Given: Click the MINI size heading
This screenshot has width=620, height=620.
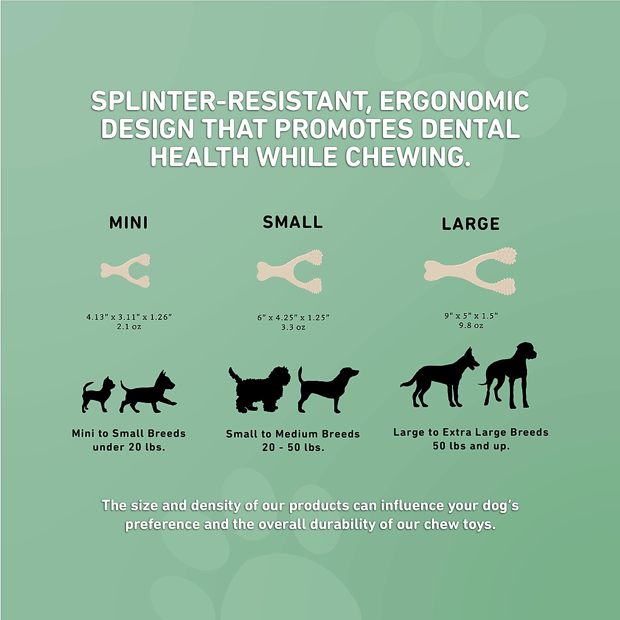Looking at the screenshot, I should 129,223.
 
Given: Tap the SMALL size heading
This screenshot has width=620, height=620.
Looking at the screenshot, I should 292,222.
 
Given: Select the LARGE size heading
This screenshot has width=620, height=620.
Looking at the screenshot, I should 471,224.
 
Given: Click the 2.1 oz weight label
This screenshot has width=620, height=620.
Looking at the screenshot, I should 129,327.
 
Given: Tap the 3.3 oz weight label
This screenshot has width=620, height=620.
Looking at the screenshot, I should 293,327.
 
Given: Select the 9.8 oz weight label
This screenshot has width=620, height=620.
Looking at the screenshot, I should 471,326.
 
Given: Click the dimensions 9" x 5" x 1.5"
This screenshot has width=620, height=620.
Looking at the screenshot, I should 471,316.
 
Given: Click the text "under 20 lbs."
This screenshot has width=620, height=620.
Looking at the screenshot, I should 129,447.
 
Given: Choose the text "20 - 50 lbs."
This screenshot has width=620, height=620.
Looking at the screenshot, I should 293,448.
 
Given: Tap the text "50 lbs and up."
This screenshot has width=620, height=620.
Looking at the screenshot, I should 471,446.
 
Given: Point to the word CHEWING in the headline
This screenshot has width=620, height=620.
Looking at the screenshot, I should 408,157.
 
